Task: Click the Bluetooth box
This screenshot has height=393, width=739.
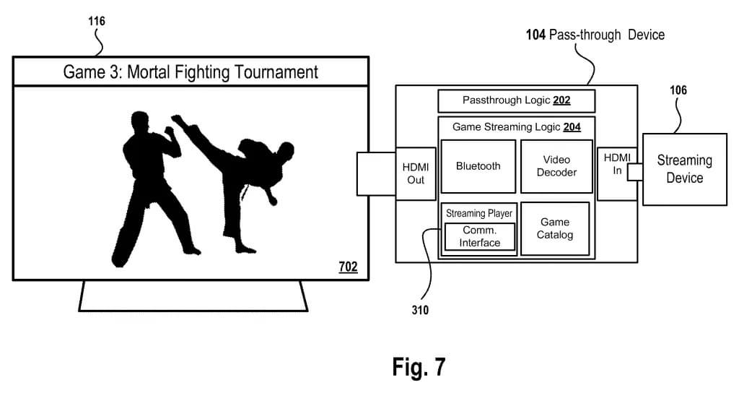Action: coord(478,166)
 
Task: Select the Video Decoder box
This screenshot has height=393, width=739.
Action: coord(556,166)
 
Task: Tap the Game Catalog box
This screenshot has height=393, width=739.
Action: coord(554,228)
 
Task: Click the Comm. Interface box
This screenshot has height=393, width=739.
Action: coord(480,237)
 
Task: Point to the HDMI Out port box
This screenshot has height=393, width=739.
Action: coord(416,173)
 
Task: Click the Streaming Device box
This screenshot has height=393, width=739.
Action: coord(684,169)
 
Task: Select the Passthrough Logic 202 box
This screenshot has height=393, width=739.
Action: coord(515,101)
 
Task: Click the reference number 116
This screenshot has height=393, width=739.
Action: coord(95,22)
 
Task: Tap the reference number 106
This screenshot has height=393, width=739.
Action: coord(678,90)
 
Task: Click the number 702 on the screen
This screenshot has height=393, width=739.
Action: coord(348,267)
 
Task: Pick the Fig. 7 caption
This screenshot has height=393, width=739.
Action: coord(419,367)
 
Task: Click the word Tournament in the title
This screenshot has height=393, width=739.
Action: coord(274,72)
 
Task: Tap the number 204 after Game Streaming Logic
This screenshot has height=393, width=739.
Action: coord(572,127)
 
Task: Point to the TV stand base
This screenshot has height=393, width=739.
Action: coord(193,297)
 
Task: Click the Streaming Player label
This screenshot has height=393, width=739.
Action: coord(478,213)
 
